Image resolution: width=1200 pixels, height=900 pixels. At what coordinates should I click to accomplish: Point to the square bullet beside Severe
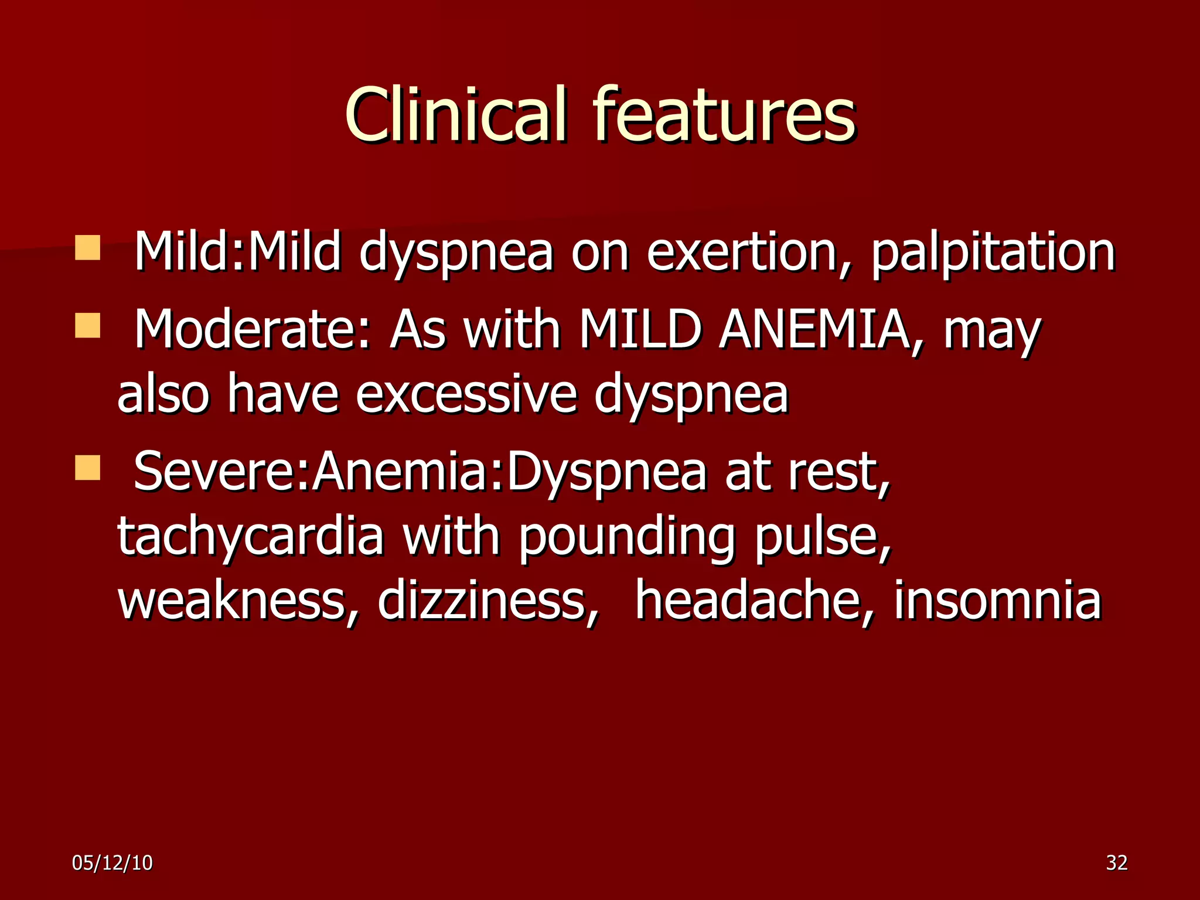click(x=88, y=468)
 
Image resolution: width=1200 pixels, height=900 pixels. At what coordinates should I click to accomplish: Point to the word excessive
click(x=466, y=394)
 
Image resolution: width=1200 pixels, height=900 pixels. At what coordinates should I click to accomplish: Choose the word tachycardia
click(x=251, y=536)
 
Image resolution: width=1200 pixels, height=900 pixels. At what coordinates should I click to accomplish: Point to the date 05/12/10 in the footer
click(x=112, y=862)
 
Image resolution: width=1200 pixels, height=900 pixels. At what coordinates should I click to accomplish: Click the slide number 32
click(x=1116, y=862)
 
